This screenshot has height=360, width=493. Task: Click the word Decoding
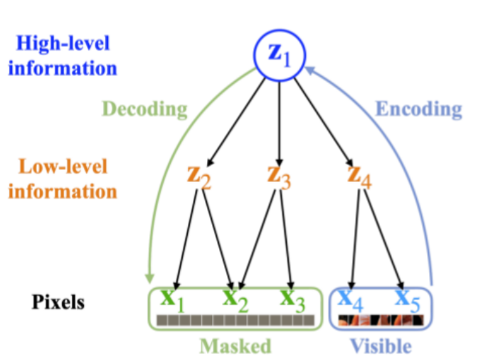[x=145, y=109]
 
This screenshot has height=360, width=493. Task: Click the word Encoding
[x=418, y=109]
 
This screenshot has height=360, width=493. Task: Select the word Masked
[x=235, y=346]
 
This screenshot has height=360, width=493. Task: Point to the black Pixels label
[x=58, y=302]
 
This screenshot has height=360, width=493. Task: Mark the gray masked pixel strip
[x=235, y=320]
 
